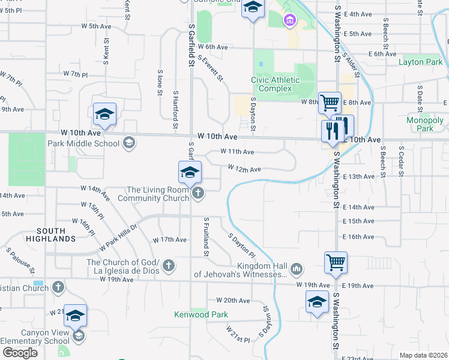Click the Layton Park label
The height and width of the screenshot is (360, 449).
pos(421,62)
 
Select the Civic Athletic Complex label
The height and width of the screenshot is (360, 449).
pos(279,84)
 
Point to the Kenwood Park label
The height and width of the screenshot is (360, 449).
pos(200,314)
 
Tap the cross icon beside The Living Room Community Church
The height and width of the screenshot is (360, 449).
pos(199,193)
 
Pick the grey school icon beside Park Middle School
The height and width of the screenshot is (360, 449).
pos(128,143)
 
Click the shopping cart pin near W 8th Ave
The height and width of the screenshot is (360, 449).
pos(330,103)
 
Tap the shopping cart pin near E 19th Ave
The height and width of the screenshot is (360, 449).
pos(336,262)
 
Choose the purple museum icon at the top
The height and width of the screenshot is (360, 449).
pos(290,22)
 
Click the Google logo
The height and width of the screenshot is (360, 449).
pos(20,353)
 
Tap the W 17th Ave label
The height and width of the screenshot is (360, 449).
pos(170,239)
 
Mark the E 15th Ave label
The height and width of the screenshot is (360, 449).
pos(359,221)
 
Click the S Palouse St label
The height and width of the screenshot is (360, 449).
pos(20,260)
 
